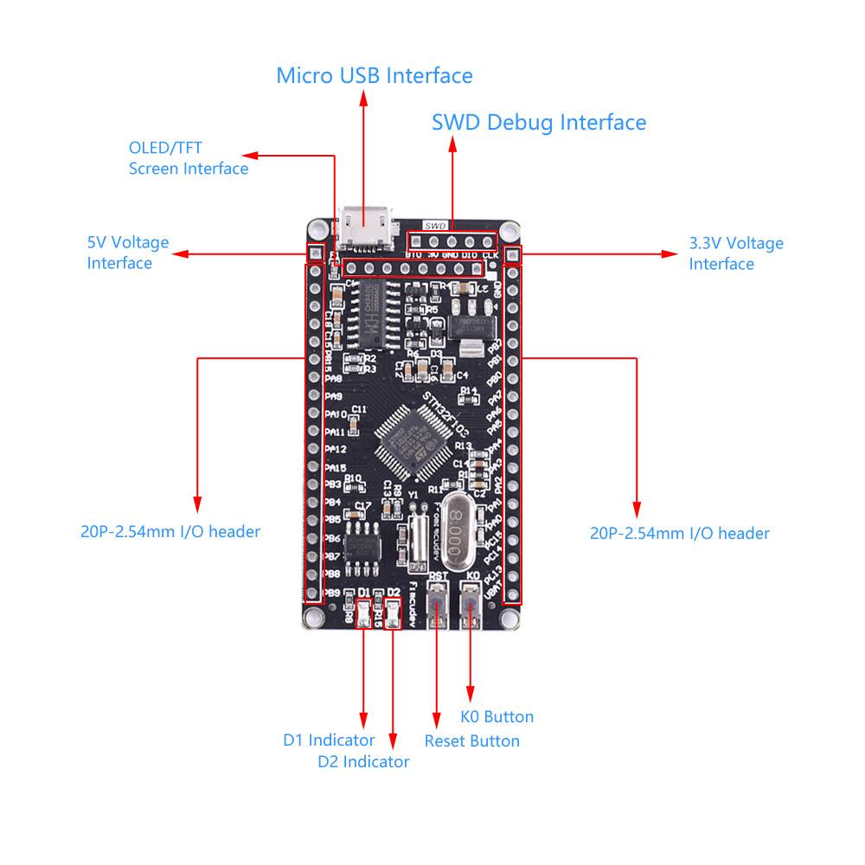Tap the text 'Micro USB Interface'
[375, 75]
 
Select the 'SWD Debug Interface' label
[539, 122]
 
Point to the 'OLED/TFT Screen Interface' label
[189, 158]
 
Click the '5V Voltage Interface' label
[128, 253]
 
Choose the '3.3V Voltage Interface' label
[736, 253]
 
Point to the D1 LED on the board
[363, 614]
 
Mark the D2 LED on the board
[394, 614]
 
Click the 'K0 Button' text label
[497, 716]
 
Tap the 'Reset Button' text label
[471, 740]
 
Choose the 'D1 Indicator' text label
[329, 740]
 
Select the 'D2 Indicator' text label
[363, 761]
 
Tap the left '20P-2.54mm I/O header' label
[170, 531]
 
